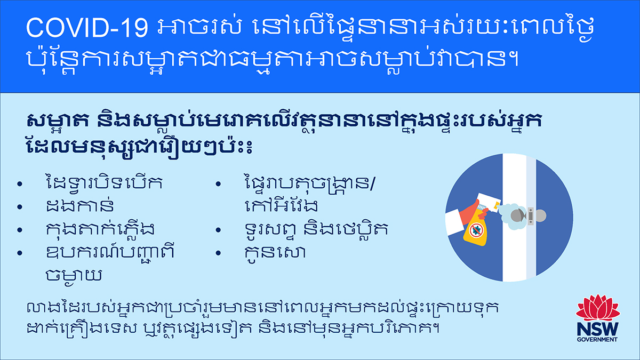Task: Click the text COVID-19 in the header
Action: pyautogui.click(x=87, y=28)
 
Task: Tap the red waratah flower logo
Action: pyautogui.click(x=597, y=308)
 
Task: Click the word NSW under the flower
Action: pyautogui.click(x=597, y=330)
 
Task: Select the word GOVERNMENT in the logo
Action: pyautogui.click(x=597, y=340)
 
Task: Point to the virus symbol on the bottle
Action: pyautogui.click(x=476, y=230)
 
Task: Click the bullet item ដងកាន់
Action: pyautogui.click(x=80, y=206)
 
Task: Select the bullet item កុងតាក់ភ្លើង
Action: pyautogui.click(x=100, y=229)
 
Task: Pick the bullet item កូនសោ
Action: pyautogui.click(x=275, y=253)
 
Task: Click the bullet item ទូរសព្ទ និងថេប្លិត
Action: pyautogui.click(x=316, y=229)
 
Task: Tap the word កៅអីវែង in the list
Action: pyautogui.click(x=281, y=205)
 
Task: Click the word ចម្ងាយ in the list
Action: pyautogui.click(x=74, y=275)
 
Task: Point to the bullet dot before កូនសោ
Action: pyautogui.click(x=218, y=253)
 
